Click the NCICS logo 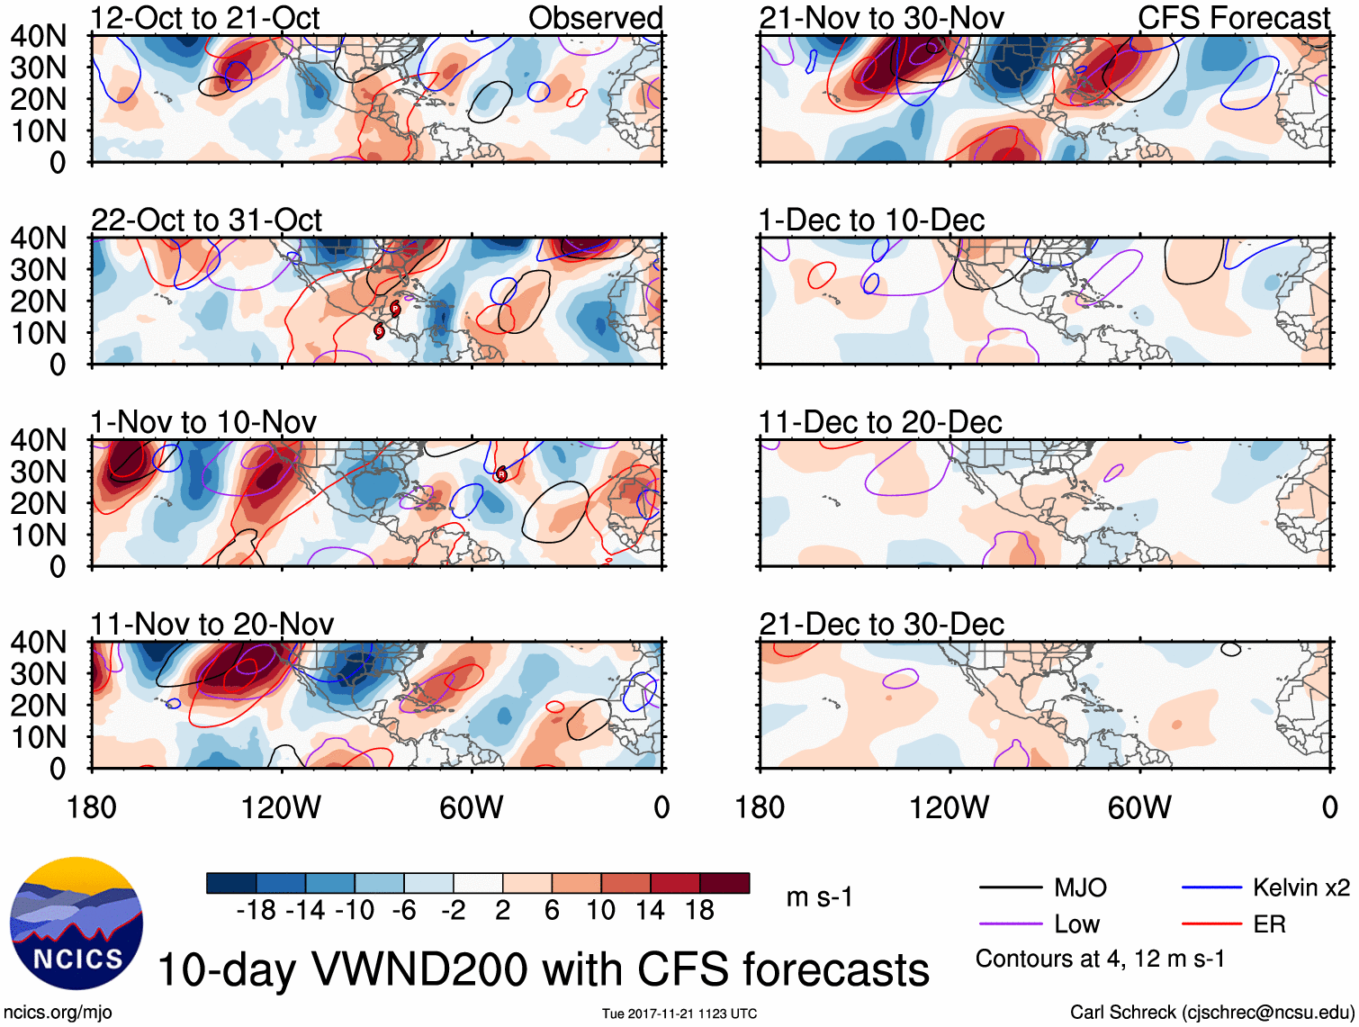click(76, 923)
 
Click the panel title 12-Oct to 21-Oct click(205, 18)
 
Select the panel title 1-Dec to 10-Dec click(871, 221)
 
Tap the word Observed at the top click(595, 18)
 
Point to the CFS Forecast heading click(1233, 18)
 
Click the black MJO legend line click(1011, 888)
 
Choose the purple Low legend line click(1011, 924)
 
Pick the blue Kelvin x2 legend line click(1211, 888)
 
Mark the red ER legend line click(1211, 924)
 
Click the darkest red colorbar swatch click(724, 883)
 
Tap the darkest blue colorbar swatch click(231, 883)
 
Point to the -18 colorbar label click(256, 911)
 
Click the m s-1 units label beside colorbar click(819, 897)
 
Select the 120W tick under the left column click(281, 807)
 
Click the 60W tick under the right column click(1139, 807)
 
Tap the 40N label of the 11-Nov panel click(38, 643)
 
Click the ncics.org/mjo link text click(58, 1012)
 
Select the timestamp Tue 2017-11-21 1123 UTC click(679, 1013)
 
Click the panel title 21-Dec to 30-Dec click(881, 625)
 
